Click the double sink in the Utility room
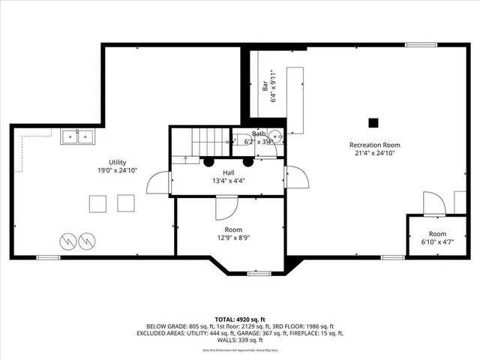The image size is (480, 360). coord(78,136)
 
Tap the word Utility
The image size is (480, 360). coord(117,162)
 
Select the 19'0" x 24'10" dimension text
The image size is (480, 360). coord(117,170)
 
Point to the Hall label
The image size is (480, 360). coord(227,172)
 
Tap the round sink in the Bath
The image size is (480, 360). coord(275,137)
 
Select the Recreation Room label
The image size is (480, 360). coord(374,145)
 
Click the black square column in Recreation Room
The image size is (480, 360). coord(373,122)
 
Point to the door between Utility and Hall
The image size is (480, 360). coord(158,182)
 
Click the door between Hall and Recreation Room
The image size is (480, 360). coord(296,178)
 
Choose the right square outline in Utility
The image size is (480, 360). coord(126,202)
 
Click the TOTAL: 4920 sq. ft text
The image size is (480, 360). coord(239,319)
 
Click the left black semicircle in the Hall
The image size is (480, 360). coord(208,161)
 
